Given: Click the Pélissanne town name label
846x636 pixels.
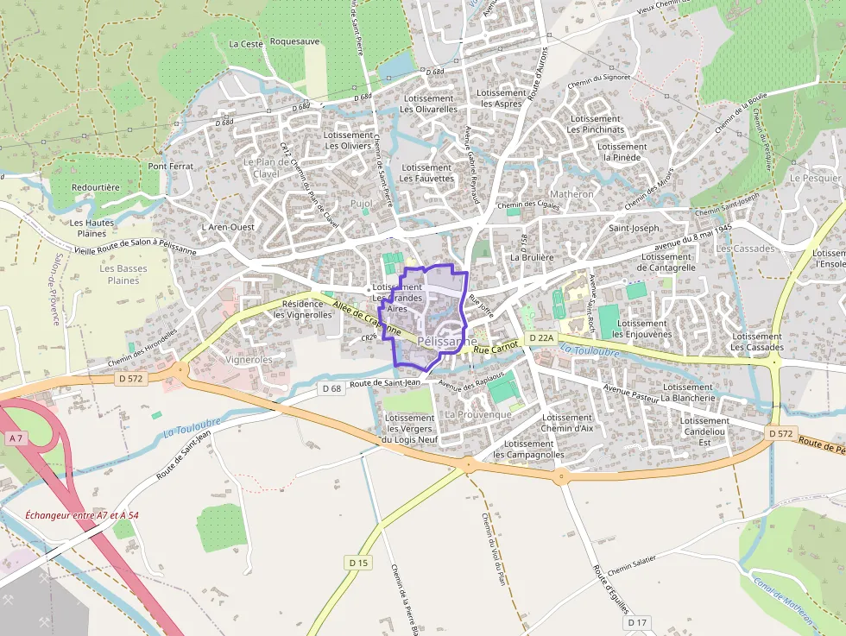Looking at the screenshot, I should click(x=445, y=342).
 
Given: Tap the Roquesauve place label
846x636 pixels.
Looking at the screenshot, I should click(x=294, y=41).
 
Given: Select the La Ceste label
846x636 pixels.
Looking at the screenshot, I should click(x=246, y=44).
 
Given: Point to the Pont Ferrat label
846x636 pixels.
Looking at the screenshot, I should click(x=170, y=166).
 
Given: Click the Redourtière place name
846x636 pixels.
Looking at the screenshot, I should click(x=96, y=186).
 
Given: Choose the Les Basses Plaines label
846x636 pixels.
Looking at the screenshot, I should click(x=123, y=274).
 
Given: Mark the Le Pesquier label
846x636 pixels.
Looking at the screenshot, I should click(x=814, y=178).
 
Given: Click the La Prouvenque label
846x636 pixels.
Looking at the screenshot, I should click(x=478, y=414).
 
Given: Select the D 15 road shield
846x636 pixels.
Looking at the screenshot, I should click(x=358, y=563).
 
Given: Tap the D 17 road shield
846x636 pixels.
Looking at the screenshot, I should click(x=637, y=622).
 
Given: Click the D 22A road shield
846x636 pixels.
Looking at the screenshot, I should click(x=540, y=337).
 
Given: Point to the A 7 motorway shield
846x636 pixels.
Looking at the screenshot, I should click(x=16, y=438).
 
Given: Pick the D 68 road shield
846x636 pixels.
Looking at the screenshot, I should click(x=332, y=388).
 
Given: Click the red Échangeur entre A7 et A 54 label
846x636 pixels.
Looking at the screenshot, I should click(x=82, y=515).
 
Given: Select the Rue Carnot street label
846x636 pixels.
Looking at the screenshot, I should click(x=496, y=345).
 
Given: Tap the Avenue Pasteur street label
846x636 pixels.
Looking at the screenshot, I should click(x=630, y=394).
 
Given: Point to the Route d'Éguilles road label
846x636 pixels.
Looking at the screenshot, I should click(x=609, y=588).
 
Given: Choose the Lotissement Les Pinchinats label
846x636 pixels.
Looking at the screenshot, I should click(x=596, y=124).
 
